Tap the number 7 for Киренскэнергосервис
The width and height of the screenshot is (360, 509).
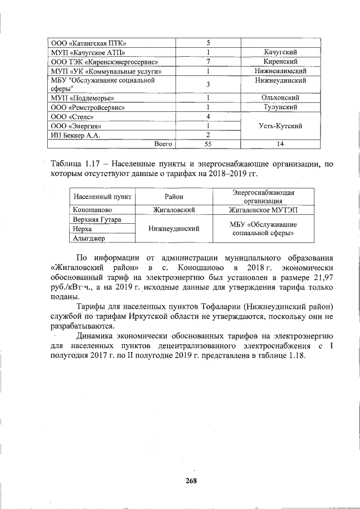(x=208, y=61)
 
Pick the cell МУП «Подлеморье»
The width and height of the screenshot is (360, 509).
(x=82, y=98)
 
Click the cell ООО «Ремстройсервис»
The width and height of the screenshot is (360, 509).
(x=88, y=107)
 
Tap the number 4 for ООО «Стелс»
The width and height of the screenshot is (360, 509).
(x=208, y=116)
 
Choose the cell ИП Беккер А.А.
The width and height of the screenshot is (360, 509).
(x=75, y=135)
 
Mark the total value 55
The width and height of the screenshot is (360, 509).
(x=208, y=145)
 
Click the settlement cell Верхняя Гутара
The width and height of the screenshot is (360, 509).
(x=94, y=219)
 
